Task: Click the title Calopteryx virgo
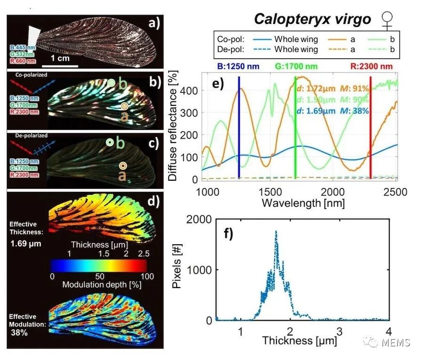coord(311,19)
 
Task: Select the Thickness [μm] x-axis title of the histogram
coord(300,340)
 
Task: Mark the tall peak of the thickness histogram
coord(276,231)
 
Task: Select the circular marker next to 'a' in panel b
coord(124,106)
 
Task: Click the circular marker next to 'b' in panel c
coord(109,142)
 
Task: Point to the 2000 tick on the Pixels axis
coord(199,219)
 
